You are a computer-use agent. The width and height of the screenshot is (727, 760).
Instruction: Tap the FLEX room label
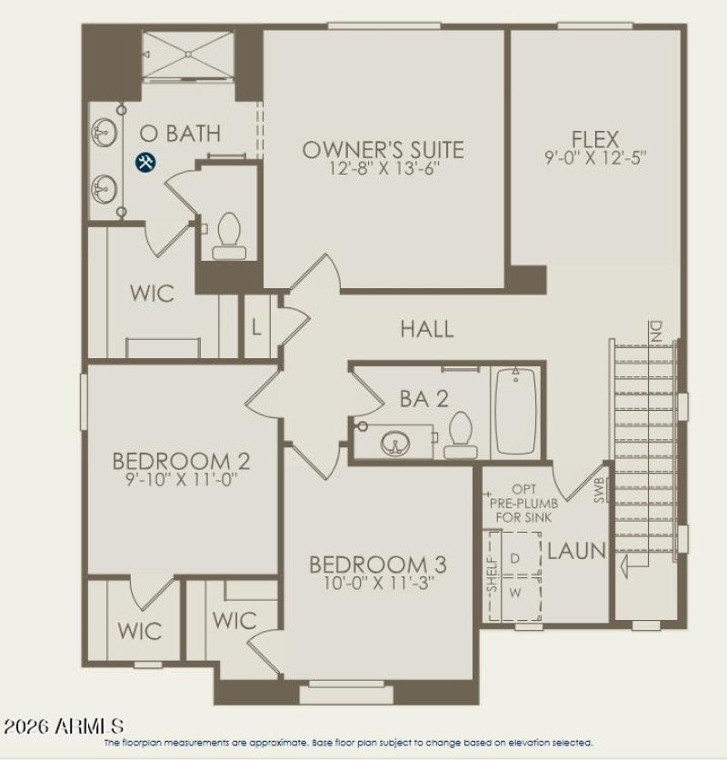pyautogui.click(x=595, y=139)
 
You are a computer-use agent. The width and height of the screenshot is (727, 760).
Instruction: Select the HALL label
pyautogui.click(x=427, y=329)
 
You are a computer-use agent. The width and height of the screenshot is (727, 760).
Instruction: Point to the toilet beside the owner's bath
pyautogui.click(x=226, y=235)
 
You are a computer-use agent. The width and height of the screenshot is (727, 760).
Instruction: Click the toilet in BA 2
pyautogui.click(x=461, y=434)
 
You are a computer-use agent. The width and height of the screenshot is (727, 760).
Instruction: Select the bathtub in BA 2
pyautogui.click(x=516, y=410)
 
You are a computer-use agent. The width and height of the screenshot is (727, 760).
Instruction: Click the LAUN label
pyautogui.click(x=576, y=551)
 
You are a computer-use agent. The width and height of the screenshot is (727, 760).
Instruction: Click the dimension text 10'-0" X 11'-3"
pyautogui.click(x=377, y=584)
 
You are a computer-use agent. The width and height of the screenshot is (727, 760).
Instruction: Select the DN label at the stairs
pyautogui.click(x=655, y=332)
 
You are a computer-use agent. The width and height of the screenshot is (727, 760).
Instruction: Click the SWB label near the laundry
pyautogui.click(x=599, y=492)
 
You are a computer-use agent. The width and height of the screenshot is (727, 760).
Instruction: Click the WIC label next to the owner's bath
pyautogui.click(x=152, y=295)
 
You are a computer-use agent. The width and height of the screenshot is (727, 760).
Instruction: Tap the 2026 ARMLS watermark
pyautogui.click(x=64, y=726)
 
